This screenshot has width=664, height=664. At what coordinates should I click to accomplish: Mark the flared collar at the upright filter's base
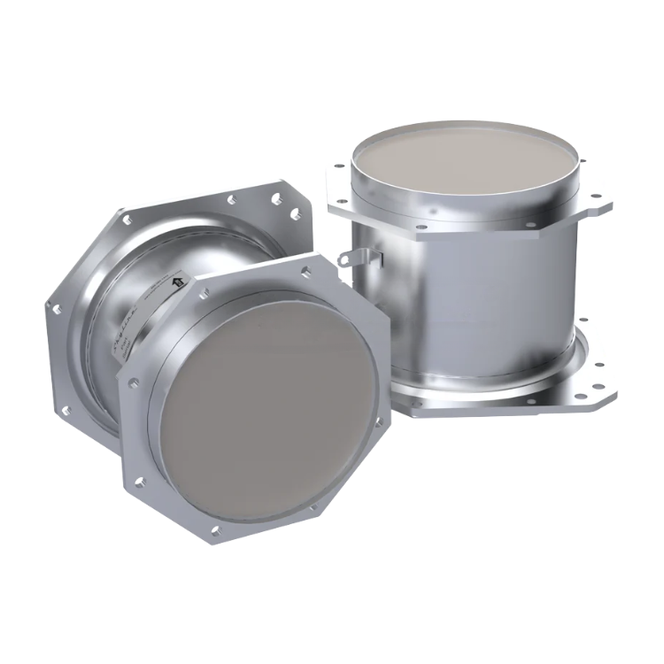pos(496,390)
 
